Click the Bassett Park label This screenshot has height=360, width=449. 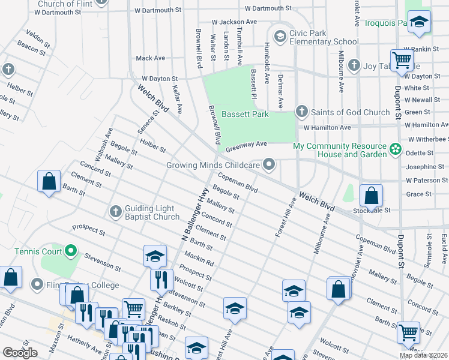click(x=244, y=114)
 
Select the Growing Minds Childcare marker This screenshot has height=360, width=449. click(x=270, y=164)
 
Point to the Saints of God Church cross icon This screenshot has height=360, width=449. click(x=301, y=112)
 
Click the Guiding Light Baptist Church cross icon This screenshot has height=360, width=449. click(x=116, y=211)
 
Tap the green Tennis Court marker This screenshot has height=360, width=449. click(x=71, y=250)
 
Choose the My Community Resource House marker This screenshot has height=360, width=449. click(x=395, y=149)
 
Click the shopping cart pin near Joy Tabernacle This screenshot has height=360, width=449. click(x=401, y=60)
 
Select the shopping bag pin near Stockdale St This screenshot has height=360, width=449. click(x=371, y=196)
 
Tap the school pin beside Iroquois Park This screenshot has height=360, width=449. click(x=419, y=22)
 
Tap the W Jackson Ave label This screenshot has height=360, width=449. click(x=234, y=22)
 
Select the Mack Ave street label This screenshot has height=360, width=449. click(x=150, y=58)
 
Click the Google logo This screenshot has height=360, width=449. click(x=20, y=352)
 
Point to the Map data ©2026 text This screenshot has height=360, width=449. click(x=423, y=355)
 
